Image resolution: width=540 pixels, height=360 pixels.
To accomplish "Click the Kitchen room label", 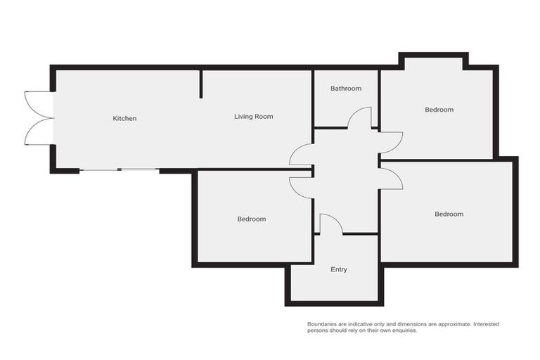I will tap(124, 118).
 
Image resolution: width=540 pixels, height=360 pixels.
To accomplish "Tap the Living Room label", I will tap(253, 116).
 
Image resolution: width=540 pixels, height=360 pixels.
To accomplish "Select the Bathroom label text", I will tap(346, 89).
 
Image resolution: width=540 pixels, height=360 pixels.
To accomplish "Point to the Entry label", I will tap(338, 269).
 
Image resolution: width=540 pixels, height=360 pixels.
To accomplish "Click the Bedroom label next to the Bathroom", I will tap(439, 110).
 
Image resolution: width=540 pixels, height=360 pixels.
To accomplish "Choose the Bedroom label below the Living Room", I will tap(251, 219).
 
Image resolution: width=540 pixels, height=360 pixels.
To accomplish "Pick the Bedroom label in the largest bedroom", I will tap(449, 214).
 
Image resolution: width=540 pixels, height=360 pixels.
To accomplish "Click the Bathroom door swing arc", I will tap(360, 117).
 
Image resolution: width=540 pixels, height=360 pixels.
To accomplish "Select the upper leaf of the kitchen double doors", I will tap(39, 103).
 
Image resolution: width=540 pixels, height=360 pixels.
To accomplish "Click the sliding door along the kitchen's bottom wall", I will tap(119, 169).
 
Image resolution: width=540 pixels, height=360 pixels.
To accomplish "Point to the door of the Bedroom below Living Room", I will tap(301, 187).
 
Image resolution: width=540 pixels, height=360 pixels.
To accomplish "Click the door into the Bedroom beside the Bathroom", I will tap(391, 143).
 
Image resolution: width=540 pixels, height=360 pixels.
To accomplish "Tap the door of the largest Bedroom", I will tap(391, 178).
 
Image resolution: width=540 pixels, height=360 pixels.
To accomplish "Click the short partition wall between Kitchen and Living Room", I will tap(201, 84).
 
